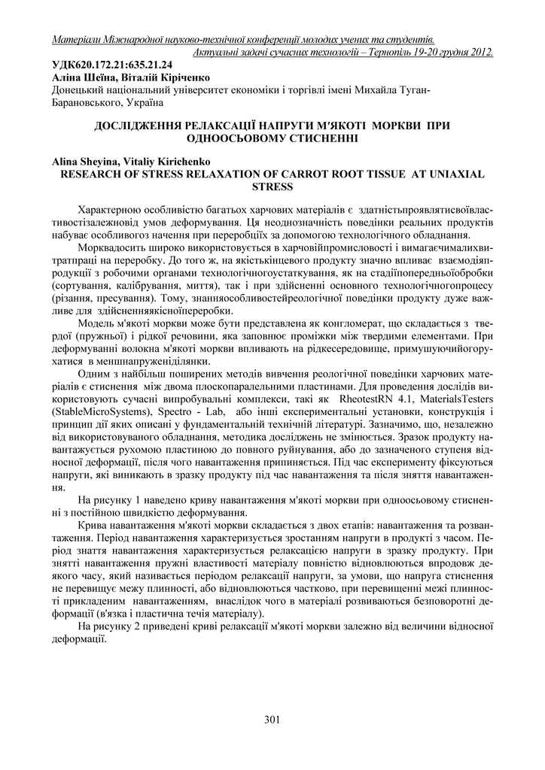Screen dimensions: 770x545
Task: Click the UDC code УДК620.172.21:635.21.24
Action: pos(111,65)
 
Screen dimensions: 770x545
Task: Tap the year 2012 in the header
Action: pos(478,52)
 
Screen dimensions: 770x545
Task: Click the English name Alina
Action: pos(67,161)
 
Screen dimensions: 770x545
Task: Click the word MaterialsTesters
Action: pos(456,399)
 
